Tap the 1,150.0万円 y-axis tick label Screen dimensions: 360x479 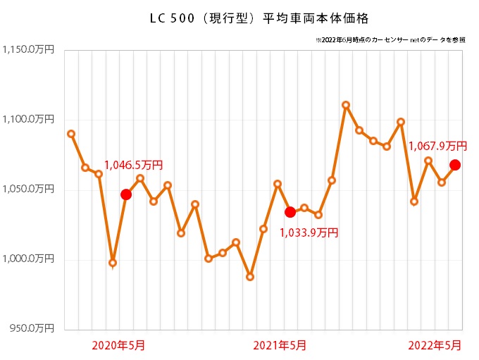point(28,51)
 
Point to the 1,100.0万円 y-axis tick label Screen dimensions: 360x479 point(28,120)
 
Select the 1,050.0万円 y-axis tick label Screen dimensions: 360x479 point(28,190)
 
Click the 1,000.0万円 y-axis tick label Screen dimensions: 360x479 point(28,259)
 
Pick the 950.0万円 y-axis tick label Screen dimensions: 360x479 point(32,328)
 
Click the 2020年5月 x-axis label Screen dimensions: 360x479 point(119,345)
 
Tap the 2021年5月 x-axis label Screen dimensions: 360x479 point(279,345)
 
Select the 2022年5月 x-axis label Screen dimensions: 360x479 point(436,345)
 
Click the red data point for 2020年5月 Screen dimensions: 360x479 point(126,194)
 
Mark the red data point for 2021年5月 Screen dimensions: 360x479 point(290,212)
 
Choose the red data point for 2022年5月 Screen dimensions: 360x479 point(455,165)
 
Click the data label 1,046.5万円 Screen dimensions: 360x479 point(133,166)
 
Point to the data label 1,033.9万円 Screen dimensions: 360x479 point(309,232)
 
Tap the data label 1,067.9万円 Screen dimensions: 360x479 point(437,147)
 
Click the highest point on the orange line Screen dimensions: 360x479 point(346,105)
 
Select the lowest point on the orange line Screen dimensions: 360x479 point(250,277)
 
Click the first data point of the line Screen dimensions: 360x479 point(71,134)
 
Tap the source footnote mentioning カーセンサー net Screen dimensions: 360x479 point(391,40)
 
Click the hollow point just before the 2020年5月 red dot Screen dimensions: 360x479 point(113,263)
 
